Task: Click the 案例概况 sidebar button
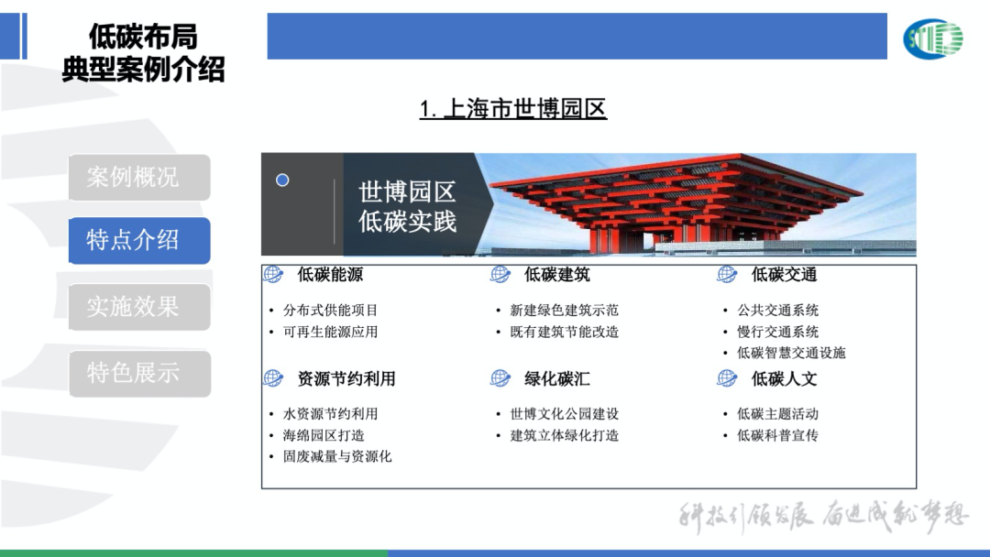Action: point(138,177)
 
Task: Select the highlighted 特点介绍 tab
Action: point(138,241)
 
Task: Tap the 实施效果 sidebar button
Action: point(138,307)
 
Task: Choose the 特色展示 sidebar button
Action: point(138,373)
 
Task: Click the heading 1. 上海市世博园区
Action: point(513,110)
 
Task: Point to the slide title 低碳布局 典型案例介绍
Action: point(143,52)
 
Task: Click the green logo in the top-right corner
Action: point(932,38)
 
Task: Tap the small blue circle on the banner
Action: point(282,180)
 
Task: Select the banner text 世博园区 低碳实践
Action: point(407,206)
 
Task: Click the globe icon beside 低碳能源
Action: point(273,274)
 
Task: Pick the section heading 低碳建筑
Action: point(556,274)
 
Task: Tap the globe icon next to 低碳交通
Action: point(727,274)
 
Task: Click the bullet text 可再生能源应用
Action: point(330,332)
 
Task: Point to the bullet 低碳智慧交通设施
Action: point(791,353)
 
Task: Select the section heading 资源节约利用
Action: point(346,378)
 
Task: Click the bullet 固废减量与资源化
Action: point(336,456)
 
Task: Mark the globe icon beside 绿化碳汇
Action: point(500,378)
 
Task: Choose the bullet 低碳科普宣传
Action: point(777,435)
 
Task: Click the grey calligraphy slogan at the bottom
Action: point(823,518)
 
